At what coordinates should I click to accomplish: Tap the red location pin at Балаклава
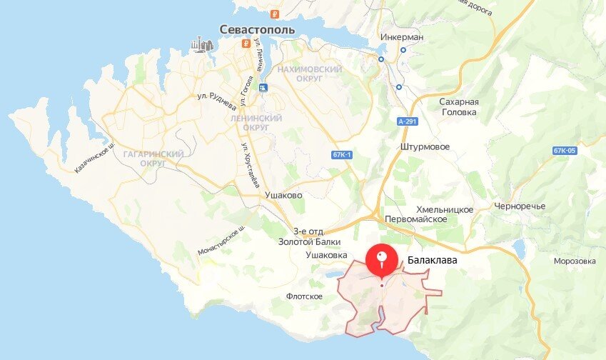[382, 261]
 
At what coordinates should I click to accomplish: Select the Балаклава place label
[433, 261]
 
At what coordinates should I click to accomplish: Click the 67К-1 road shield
[343, 155]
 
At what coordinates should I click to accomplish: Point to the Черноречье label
[520, 206]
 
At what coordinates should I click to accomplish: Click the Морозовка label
[574, 261]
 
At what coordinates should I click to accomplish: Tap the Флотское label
[304, 296]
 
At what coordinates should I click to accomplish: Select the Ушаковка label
[326, 254]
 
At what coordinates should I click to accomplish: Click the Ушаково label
[283, 194]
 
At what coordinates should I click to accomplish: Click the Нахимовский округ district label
[309, 74]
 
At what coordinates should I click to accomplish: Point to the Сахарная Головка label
[458, 106]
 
